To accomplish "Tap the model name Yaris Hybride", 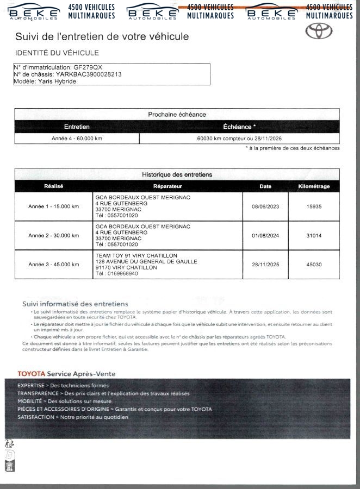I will tap(57, 81).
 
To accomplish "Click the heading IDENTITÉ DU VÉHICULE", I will tap(57, 53).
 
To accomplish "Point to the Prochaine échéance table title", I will tap(177, 115).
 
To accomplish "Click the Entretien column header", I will tap(77, 127).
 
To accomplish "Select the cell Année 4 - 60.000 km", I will tap(77, 139).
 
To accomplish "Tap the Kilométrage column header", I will tap(314, 186).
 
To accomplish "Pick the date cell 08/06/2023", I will tap(265, 206).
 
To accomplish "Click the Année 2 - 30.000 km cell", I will tap(54, 235).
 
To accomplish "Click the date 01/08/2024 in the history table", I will tap(265, 235).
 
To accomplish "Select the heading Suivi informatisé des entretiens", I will tap(75, 304).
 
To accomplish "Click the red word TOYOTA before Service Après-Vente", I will tap(32, 374).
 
